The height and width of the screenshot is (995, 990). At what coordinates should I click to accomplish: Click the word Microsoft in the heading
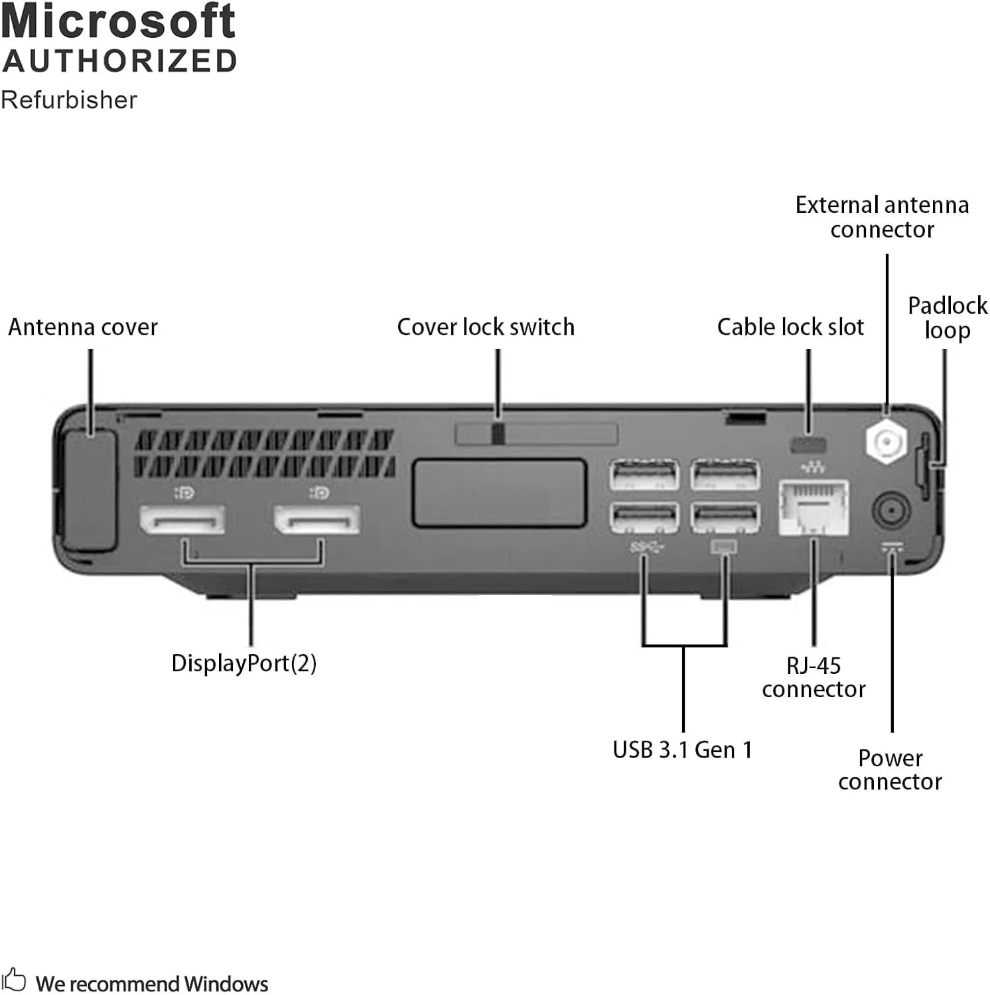click(x=118, y=21)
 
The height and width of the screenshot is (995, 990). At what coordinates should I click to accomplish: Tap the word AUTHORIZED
click(x=119, y=61)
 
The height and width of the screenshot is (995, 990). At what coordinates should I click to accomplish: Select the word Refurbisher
click(x=69, y=100)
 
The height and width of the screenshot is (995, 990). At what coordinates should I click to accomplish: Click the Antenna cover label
click(x=83, y=327)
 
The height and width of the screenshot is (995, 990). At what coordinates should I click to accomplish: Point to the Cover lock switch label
click(x=486, y=327)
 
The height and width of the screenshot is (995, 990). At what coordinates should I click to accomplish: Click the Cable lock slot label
click(x=790, y=327)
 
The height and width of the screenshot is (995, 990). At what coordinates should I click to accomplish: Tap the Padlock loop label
click(x=947, y=318)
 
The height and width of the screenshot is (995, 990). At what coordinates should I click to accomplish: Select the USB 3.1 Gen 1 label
click(x=682, y=750)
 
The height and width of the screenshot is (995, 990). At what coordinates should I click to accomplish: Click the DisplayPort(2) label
click(x=244, y=663)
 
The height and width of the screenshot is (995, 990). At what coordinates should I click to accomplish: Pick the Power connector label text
click(x=890, y=769)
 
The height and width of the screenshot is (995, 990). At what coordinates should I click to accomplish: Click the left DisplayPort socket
click(x=182, y=519)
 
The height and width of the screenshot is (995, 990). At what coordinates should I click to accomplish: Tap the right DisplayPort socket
click(x=317, y=519)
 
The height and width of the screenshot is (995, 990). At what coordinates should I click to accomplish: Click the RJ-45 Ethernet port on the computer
click(x=813, y=507)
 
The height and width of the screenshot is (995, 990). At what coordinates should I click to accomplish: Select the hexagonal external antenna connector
click(x=886, y=440)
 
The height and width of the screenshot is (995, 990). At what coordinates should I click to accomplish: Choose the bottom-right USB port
click(x=725, y=517)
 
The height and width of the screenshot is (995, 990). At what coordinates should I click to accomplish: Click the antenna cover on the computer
click(x=91, y=491)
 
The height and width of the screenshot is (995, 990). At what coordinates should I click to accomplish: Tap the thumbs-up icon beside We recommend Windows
click(x=13, y=980)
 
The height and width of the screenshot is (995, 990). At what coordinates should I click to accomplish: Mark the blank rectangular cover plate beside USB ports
click(x=500, y=493)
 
